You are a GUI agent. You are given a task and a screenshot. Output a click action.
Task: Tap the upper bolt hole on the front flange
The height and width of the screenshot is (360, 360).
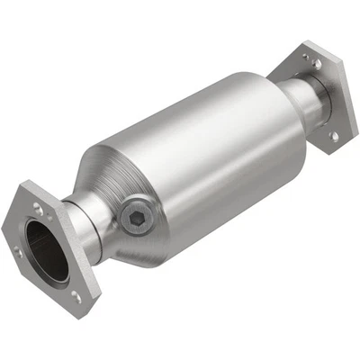click(38, 209)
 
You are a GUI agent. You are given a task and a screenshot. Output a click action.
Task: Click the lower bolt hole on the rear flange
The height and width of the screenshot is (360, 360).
click(334, 137)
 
